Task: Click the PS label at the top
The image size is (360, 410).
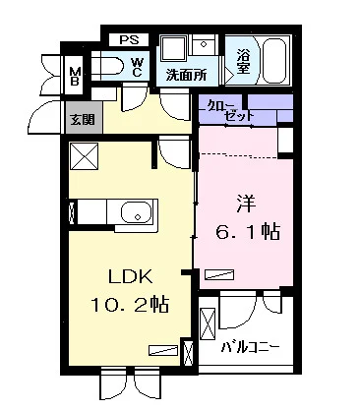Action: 128,40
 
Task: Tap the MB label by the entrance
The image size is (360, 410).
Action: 76,75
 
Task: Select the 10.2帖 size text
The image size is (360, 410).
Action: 130,305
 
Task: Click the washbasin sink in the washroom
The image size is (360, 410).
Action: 173,50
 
